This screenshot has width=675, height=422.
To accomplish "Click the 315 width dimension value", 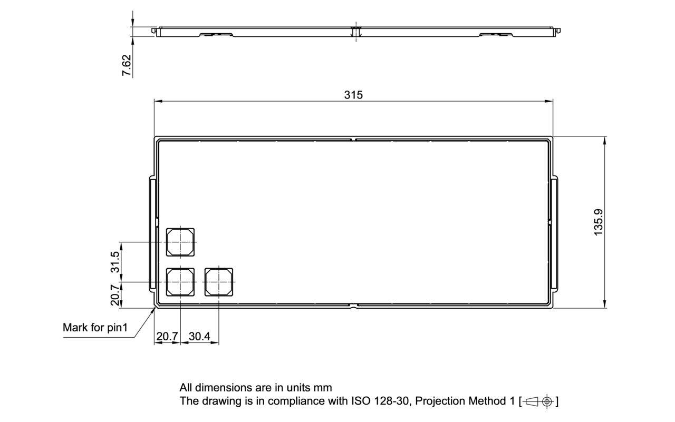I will click(353, 95).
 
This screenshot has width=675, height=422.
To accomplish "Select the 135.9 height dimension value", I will click(598, 222).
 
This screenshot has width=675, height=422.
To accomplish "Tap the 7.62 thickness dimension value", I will click(127, 65).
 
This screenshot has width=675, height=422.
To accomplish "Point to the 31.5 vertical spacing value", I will click(115, 262).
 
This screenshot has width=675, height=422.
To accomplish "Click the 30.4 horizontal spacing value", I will click(199, 336).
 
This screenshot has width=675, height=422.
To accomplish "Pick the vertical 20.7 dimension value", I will click(115, 295).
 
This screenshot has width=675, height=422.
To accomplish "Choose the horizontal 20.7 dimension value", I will click(167, 336).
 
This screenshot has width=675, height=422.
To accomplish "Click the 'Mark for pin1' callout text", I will click(95, 328).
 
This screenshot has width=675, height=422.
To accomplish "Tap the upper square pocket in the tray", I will click(180, 242).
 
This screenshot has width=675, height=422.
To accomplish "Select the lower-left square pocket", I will click(180, 282).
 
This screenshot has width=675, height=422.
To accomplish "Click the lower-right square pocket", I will click(219, 282).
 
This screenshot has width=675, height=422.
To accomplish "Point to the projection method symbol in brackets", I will click(538, 401).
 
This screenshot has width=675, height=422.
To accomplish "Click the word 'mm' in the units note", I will click(323, 388).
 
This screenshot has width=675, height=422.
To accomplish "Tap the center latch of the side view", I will click(356, 32).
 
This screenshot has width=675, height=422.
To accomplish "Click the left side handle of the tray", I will click(152, 234).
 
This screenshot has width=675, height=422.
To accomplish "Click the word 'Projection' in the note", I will click(440, 401).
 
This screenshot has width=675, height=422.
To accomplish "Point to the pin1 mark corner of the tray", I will click(155, 305).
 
